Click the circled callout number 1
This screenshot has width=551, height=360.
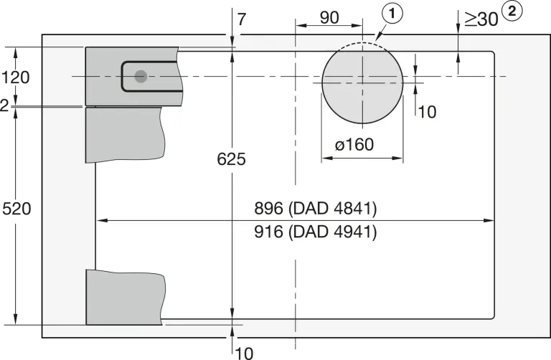392,14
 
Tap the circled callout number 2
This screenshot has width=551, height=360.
512,11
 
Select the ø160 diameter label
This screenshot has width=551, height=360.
354,144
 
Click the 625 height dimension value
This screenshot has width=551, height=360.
231,159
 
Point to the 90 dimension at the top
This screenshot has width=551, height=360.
329,17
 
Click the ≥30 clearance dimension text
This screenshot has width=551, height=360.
481,19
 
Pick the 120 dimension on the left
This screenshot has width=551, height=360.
16,77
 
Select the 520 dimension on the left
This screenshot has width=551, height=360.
17,209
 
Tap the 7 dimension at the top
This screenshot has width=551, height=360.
242,19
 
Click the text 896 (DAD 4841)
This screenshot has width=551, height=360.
316,208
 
